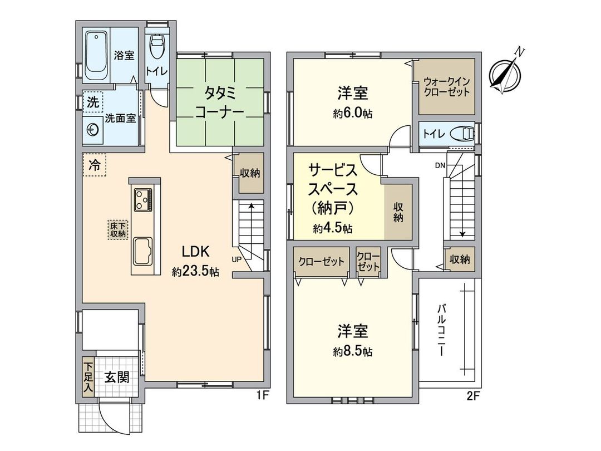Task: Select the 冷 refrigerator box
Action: tap(95, 165)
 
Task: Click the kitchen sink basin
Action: tap(143, 250)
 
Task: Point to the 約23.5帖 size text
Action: tap(195, 272)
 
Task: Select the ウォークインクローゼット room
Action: tap(444, 86)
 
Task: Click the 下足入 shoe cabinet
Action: tap(88, 377)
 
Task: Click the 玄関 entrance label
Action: tap(116, 377)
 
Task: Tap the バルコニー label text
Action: tap(442, 329)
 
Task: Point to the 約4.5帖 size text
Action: tap(333, 228)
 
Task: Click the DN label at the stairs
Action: tap(440, 166)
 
